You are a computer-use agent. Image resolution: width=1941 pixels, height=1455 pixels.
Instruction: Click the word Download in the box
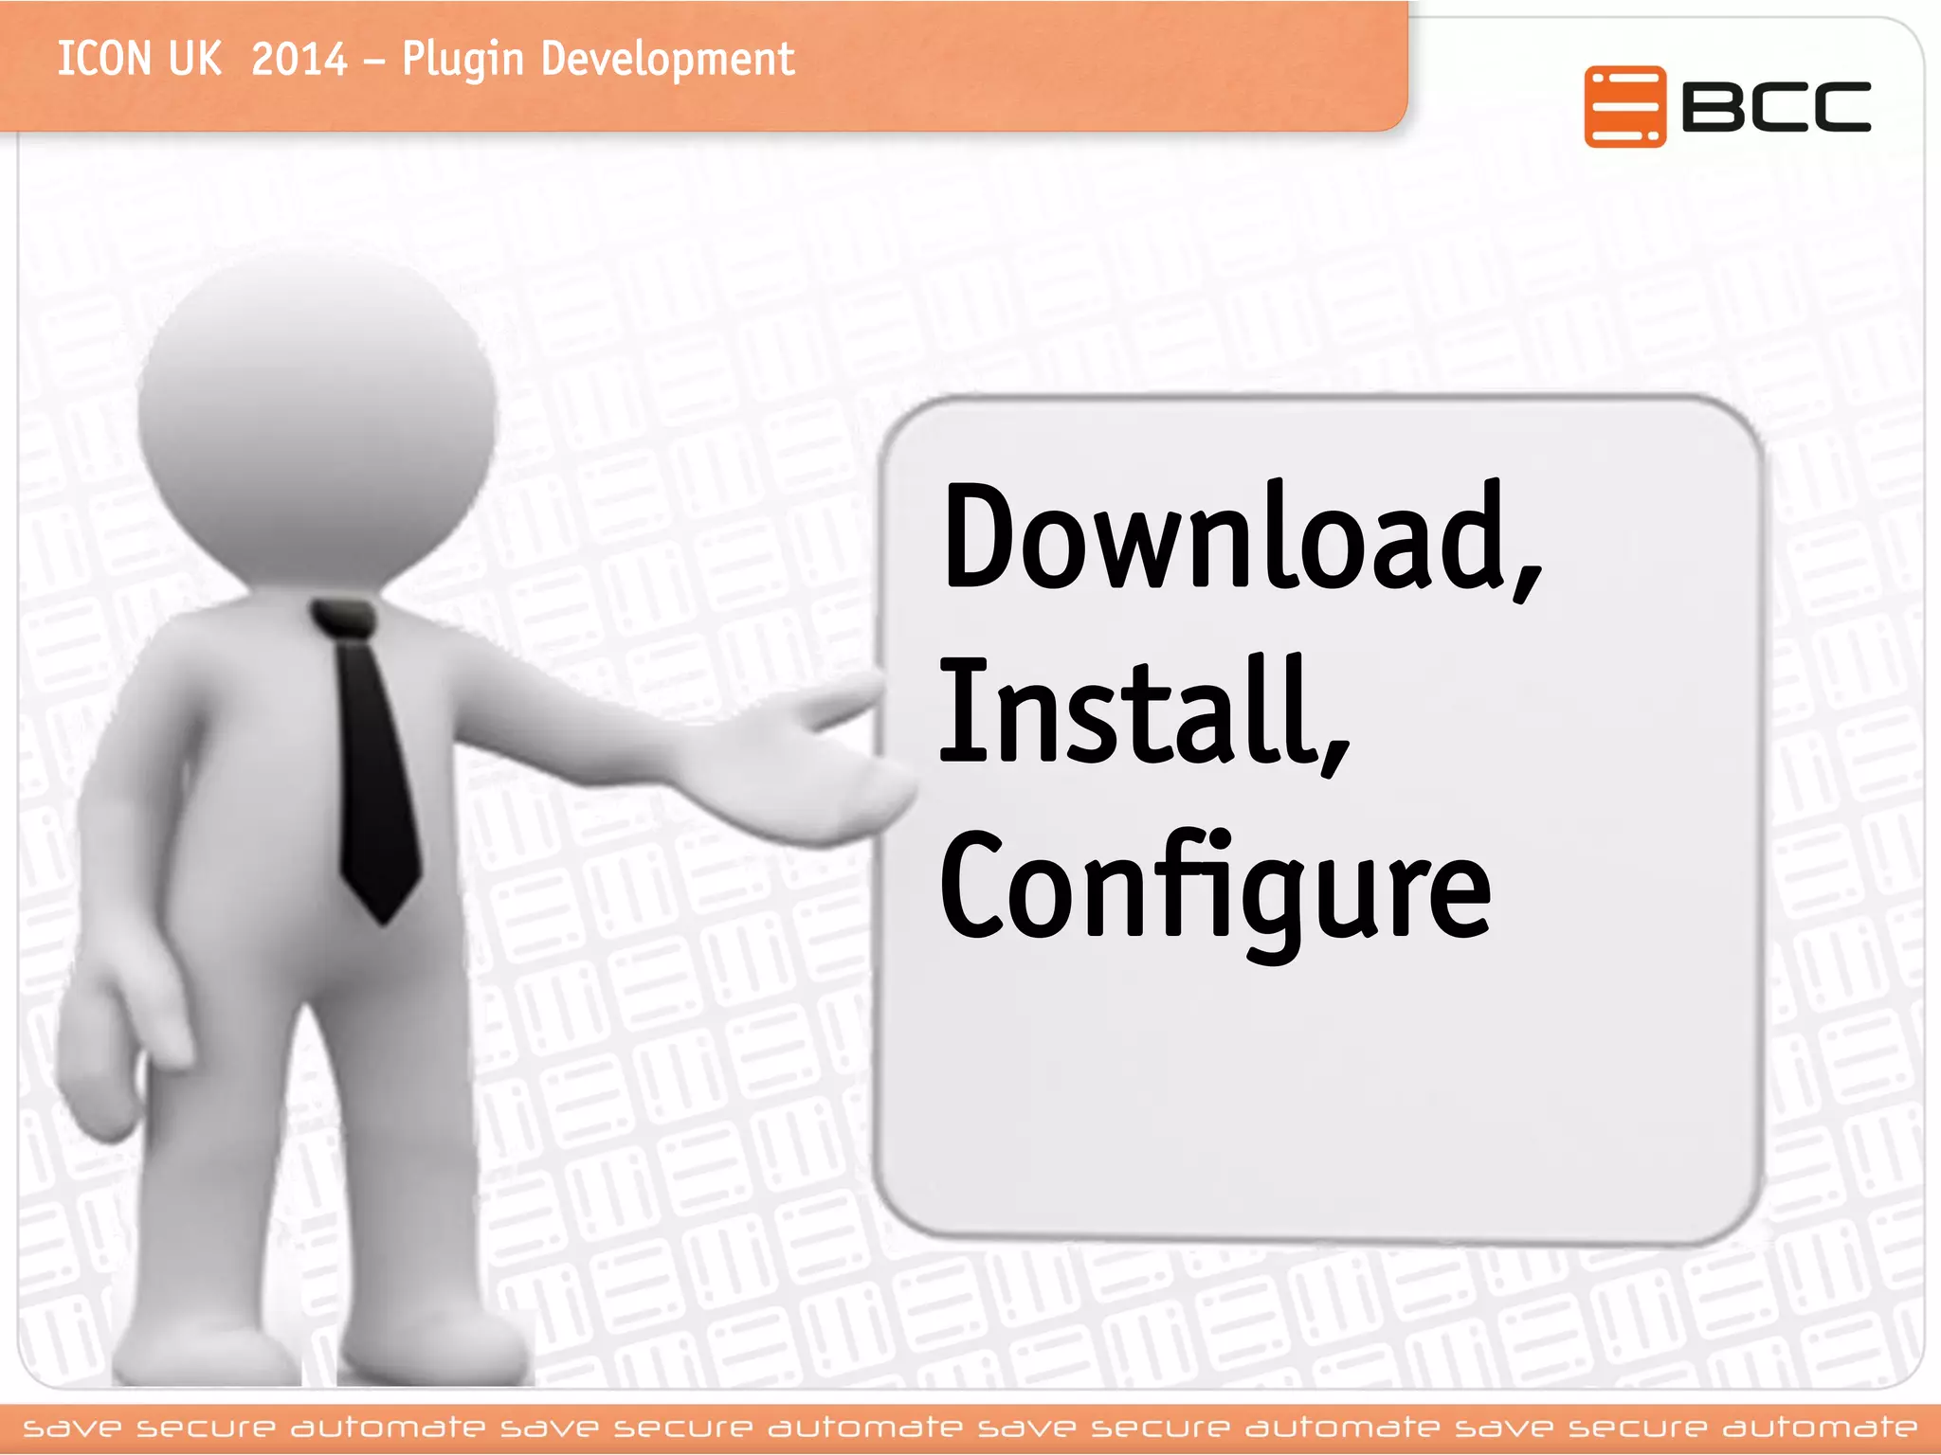tap(1223, 536)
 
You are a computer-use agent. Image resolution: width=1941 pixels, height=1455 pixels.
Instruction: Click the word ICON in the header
tap(104, 59)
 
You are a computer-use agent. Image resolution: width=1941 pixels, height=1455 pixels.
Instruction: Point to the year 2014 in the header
tap(299, 59)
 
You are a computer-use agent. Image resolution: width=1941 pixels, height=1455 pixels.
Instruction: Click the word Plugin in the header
tap(463, 59)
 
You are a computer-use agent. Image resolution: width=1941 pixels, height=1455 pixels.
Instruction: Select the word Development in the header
tap(667, 59)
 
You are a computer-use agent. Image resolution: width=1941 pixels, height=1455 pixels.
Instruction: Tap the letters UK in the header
tap(195, 59)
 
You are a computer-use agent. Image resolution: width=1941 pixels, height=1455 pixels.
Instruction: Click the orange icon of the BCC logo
tap(1624, 106)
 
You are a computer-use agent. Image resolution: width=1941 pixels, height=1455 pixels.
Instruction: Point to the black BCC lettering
tap(1776, 106)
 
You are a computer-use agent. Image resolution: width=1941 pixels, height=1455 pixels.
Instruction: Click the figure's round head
tap(317, 417)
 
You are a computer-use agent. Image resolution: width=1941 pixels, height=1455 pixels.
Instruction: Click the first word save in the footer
tap(72, 1428)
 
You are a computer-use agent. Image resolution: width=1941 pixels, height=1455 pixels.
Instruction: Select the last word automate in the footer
tap(1820, 1428)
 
